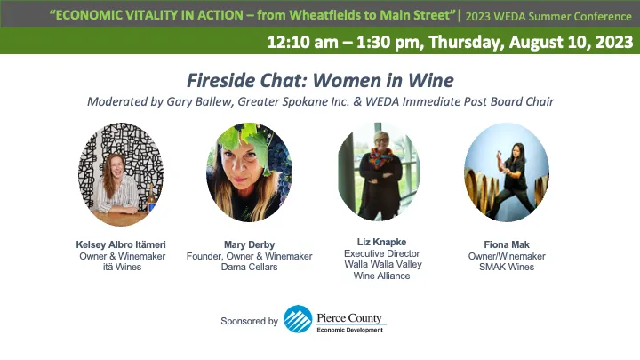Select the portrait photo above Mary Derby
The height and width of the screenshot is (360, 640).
click(x=250, y=172)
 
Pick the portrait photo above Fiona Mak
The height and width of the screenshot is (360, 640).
click(x=505, y=172)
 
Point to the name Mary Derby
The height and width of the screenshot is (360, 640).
click(x=249, y=244)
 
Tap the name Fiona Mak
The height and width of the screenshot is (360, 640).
click(x=505, y=244)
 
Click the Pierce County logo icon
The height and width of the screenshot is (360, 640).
click(x=298, y=319)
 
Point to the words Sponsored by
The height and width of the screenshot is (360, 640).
click(x=250, y=321)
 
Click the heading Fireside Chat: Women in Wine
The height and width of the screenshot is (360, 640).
click(x=319, y=81)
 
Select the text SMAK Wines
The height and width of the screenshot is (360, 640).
click(x=505, y=267)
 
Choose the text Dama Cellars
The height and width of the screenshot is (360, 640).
click(x=249, y=267)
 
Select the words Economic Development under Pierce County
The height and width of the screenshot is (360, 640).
click(x=350, y=329)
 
